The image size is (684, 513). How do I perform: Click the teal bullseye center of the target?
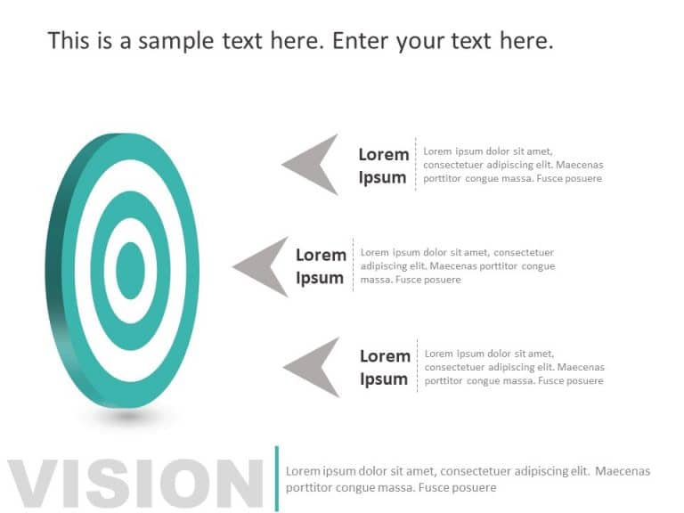click(130, 270)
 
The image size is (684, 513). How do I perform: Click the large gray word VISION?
click(134, 484)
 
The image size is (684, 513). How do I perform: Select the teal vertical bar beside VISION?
click(276, 478)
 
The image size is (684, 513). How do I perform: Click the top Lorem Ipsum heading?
click(383, 166)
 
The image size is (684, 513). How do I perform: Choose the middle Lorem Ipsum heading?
click(321, 266)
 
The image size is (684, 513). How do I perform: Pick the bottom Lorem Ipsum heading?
click(384, 367)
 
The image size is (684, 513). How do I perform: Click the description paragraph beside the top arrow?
click(512, 165)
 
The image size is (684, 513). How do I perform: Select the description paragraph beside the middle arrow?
click(457, 266)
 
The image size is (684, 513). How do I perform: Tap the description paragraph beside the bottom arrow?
click(514, 367)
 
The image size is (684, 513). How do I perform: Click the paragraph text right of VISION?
click(468, 479)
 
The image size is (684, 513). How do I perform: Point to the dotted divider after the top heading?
click(415, 165)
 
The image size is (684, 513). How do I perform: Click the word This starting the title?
click(68, 40)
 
